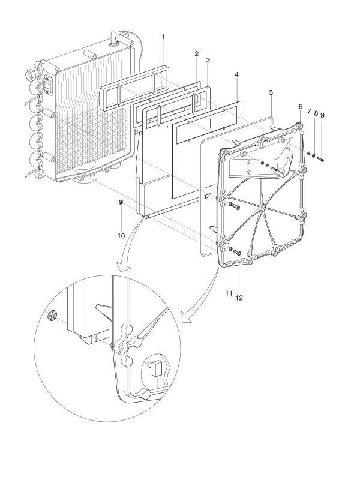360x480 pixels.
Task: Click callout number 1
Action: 163,37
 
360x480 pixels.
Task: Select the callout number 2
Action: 196,54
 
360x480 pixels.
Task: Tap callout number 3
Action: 207,61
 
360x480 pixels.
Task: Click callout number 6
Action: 300,106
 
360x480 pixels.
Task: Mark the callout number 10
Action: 309,112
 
